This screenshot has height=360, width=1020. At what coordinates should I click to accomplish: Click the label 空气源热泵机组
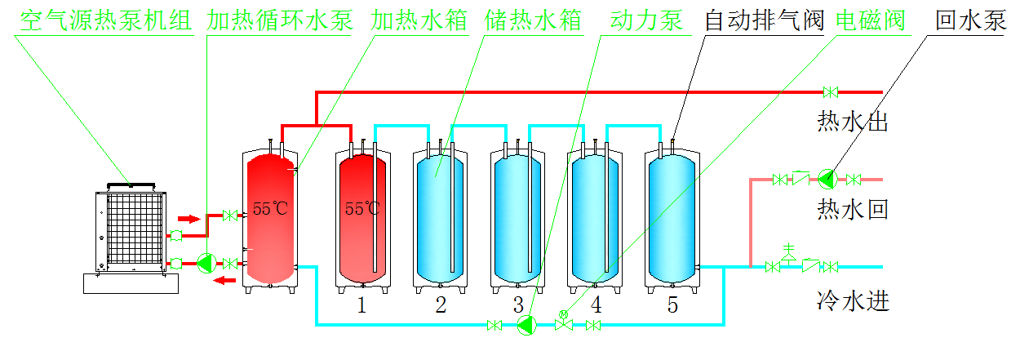coord(104,20)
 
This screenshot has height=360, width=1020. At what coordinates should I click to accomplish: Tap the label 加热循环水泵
coord(280,20)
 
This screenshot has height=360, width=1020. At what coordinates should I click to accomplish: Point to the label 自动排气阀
coord(765,20)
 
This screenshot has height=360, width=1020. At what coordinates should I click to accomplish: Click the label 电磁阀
coord(871,20)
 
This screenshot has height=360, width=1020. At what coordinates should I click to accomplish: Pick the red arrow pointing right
coord(188,219)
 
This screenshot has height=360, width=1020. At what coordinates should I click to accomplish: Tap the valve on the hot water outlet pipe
coord(831,91)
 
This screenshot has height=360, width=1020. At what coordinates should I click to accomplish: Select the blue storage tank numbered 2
coord(441,216)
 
